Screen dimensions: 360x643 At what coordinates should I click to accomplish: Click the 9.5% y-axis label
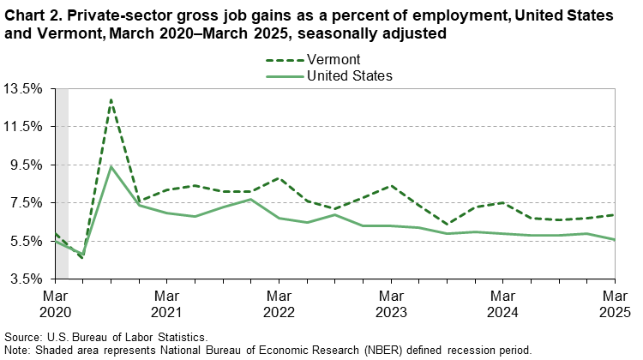point(25,165)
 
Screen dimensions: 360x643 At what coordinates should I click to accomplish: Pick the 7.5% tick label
point(25,203)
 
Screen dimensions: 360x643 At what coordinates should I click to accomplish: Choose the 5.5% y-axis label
point(25,241)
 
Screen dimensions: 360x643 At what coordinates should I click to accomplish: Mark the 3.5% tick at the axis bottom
point(25,279)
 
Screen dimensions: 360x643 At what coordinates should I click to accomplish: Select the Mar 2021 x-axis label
point(166,303)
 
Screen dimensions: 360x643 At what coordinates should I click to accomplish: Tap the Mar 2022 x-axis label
point(279,303)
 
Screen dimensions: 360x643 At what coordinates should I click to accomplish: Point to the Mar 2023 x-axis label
point(391,303)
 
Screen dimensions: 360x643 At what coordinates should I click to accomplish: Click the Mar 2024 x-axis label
point(503,303)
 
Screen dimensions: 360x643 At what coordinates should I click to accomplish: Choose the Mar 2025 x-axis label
point(615,303)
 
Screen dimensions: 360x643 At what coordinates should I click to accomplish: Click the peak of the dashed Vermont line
point(111,99)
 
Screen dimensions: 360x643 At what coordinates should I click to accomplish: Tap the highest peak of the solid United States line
point(111,166)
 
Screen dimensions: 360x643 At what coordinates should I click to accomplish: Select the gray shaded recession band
point(62,183)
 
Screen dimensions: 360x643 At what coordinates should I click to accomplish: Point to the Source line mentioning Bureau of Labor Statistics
point(105,338)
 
